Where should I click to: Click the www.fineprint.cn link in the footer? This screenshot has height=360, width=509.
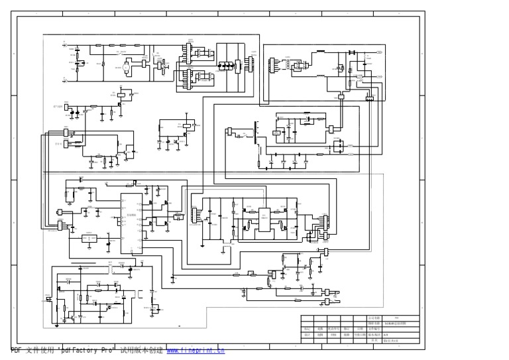click(x=195, y=351)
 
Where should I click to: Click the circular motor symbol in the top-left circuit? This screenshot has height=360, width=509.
click(x=125, y=67)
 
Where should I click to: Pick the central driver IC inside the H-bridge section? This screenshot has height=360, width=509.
click(x=264, y=219)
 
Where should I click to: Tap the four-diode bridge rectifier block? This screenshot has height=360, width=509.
click(x=227, y=66)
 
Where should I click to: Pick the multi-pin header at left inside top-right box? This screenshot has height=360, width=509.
click(x=270, y=66)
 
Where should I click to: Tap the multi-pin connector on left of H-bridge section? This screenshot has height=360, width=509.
click(x=194, y=216)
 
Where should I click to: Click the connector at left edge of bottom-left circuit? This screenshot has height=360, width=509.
click(x=49, y=299)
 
